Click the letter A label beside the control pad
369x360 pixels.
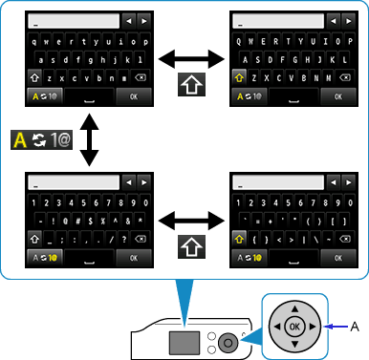355,326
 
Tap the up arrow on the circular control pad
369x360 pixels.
294,307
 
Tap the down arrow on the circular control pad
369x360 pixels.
294,344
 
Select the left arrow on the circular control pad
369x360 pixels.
276,326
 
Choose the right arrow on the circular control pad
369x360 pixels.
313,326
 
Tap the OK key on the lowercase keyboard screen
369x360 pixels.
133,96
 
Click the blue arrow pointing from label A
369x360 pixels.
336,326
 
